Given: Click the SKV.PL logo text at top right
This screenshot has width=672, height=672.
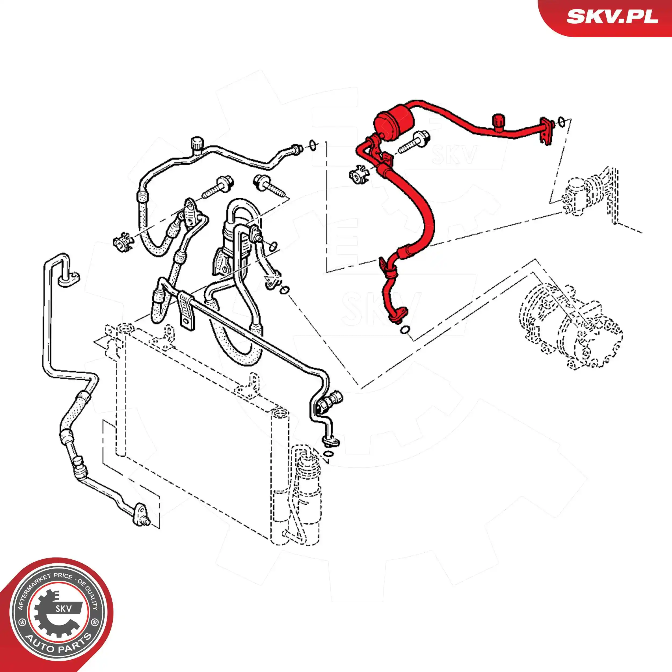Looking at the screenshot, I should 612,16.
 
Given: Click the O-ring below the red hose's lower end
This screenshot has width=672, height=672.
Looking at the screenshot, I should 405,329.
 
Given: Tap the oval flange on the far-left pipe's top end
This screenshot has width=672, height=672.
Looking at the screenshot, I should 69,278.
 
